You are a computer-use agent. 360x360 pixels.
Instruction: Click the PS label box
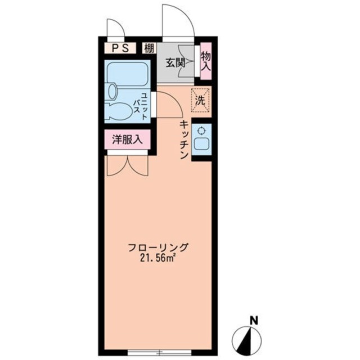click(119, 48)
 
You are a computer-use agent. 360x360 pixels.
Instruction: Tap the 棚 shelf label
click(148, 48)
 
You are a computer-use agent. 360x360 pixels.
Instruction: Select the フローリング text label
click(158, 247)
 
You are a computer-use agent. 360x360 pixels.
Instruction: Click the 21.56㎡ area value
click(158, 258)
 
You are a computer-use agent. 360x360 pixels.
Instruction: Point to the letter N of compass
click(254, 321)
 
